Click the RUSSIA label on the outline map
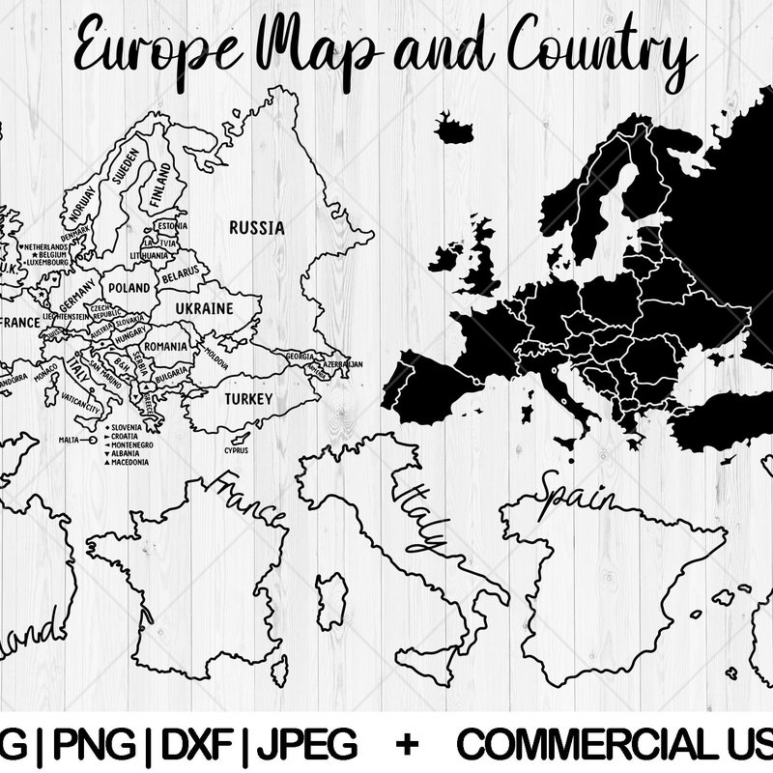tap(256, 228)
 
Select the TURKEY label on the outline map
tap(248, 398)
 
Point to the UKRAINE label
tap(205, 308)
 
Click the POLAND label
tap(129, 288)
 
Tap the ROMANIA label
tap(166, 346)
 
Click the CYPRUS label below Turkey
tap(236, 450)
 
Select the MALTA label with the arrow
tap(69, 440)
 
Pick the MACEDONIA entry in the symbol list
tap(130, 463)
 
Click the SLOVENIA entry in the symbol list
tap(127, 427)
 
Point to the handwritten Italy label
tap(421, 512)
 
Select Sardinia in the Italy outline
tap(331, 600)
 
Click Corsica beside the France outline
tap(279, 668)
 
